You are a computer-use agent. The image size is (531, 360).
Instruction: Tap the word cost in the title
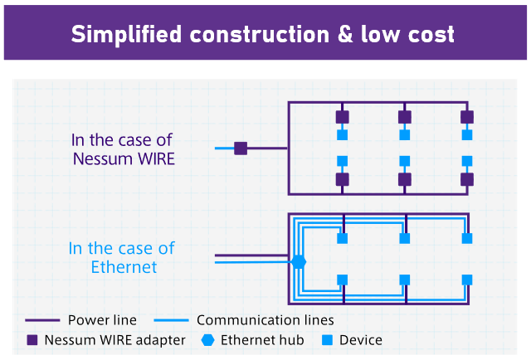(427, 34)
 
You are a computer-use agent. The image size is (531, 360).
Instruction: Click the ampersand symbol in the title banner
(338, 34)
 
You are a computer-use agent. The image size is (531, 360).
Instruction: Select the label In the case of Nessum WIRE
(122, 149)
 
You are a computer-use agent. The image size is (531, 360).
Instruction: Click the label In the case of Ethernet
(122, 257)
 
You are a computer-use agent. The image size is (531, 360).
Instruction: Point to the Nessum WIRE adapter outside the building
(241, 148)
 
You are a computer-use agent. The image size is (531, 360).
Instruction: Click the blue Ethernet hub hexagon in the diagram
(299, 261)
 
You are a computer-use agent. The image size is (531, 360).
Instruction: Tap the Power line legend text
(102, 319)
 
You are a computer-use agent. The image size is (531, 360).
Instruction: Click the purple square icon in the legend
(32, 340)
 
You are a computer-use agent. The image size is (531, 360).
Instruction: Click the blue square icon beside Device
(327, 340)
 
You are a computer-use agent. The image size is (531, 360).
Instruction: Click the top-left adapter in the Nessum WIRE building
(342, 117)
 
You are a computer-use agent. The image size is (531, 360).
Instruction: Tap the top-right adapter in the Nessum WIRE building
(467, 117)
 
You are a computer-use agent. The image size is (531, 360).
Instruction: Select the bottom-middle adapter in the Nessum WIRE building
(405, 179)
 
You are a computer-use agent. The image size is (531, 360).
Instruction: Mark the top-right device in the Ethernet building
(467, 239)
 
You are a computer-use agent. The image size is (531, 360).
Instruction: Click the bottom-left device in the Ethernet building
(342, 280)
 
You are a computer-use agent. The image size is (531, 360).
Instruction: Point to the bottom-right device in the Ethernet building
(467, 280)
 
